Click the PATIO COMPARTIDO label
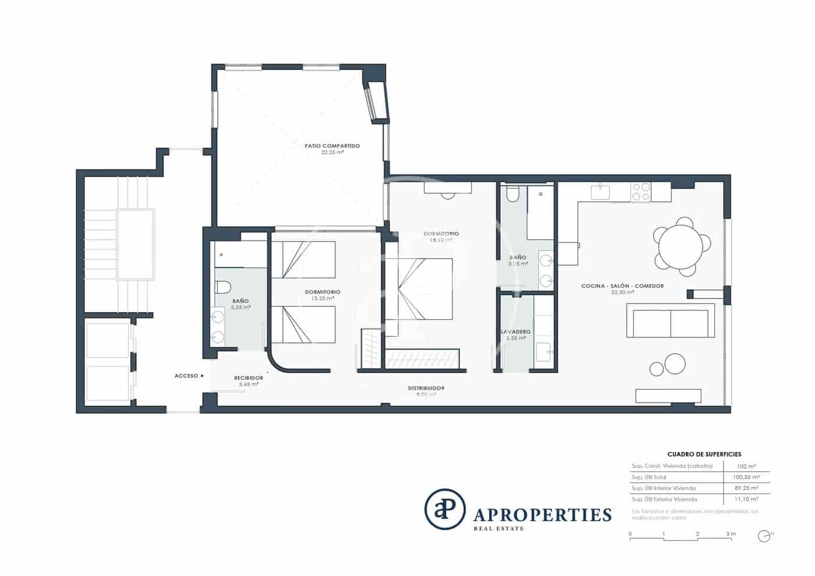tap(332, 146)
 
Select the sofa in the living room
tap(671, 324)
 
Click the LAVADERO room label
tap(516, 331)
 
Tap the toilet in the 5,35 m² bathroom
tap(223, 287)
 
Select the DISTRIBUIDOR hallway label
tap(426, 388)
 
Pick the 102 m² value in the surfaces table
tap(746, 466)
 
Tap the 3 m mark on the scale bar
tap(731, 533)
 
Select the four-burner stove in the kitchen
tap(641, 193)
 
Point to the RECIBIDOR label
tap(249, 378)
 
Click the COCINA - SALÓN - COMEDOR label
tap(622, 286)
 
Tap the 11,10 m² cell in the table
tap(746, 499)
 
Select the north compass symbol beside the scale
tap(764, 536)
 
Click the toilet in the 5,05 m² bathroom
tap(512, 194)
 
